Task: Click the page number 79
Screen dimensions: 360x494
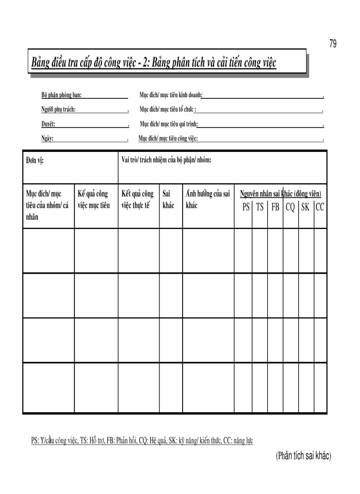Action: click(x=333, y=44)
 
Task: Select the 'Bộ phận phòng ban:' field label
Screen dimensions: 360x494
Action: click(x=61, y=95)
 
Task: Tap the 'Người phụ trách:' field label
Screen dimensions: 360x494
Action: click(x=59, y=110)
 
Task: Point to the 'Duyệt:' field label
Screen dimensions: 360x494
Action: click(x=48, y=124)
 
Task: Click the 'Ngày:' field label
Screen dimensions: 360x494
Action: click(x=47, y=138)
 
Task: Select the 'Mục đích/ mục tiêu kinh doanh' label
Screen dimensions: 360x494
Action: click(x=170, y=95)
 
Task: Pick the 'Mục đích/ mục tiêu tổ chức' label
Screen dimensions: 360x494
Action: click(x=167, y=110)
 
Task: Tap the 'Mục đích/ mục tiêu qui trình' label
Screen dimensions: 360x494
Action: click(x=169, y=124)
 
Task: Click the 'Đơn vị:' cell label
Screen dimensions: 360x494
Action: click(x=35, y=160)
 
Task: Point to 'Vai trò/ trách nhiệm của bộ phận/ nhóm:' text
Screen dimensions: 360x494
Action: click(x=166, y=160)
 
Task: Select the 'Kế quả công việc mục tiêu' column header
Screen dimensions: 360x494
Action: click(x=94, y=200)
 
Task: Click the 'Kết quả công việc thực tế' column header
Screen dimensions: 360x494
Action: click(x=137, y=200)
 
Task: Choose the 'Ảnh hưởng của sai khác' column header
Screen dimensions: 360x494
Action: click(x=207, y=200)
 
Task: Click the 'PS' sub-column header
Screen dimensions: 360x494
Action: click(x=246, y=207)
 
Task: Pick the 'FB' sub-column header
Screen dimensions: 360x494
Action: click(x=275, y=207)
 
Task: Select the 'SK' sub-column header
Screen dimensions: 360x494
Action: click(x=305, y=207)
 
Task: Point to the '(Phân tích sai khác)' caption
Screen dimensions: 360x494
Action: click(x=303, y=455)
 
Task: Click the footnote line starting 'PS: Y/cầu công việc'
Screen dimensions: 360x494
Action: click(x=142, y=440)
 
